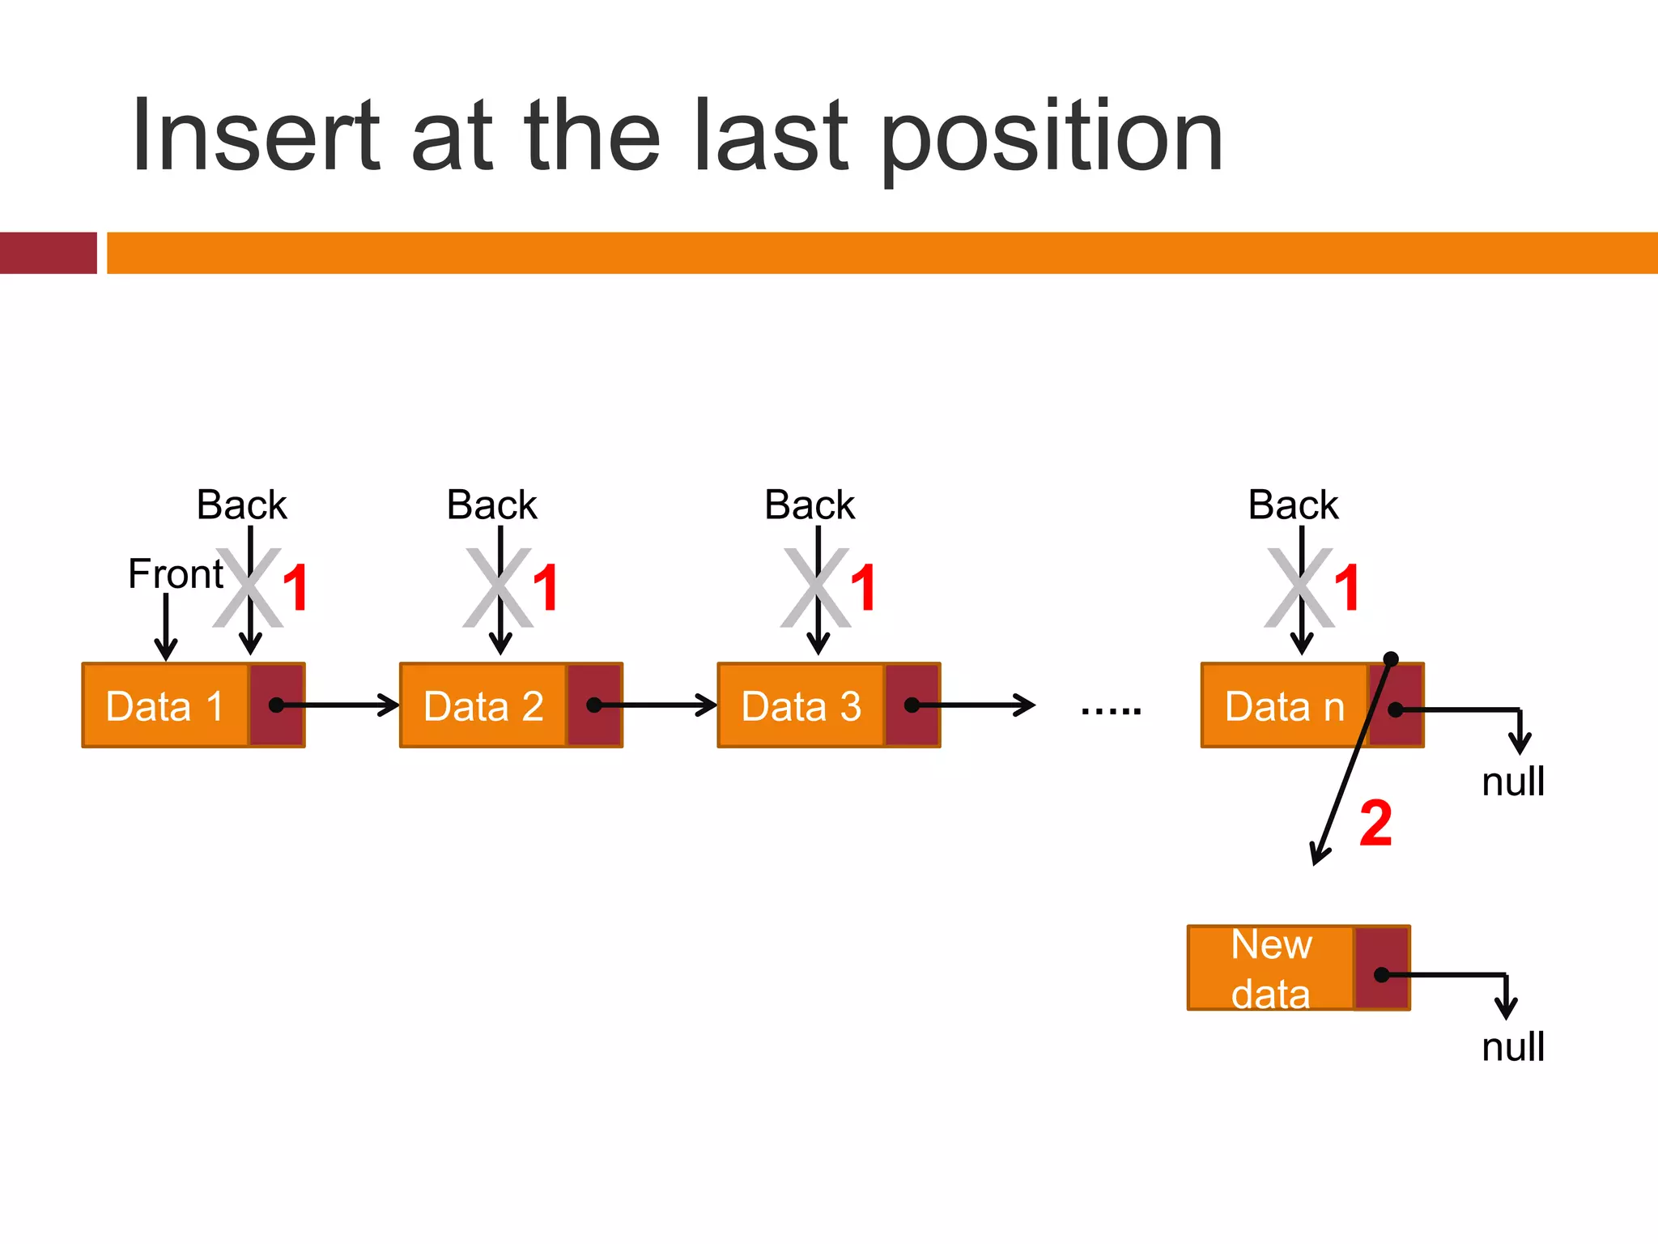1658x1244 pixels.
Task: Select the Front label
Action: pos(175,574)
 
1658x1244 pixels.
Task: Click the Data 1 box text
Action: pos(164,706)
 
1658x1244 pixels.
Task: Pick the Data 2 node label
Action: pos(483,706)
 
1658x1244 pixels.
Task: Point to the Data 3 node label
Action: pos(801,706)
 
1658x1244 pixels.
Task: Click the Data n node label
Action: pos(1284,706)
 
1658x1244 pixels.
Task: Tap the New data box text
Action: pos(1270,969)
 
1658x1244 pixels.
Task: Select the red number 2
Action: pos(1375,824)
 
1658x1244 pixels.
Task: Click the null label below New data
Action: pos(1512,1046)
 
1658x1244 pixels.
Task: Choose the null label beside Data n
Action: pos(1512,782)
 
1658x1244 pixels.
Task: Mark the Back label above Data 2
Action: pos(491,505)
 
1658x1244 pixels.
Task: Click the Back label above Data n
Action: pos(1293,505)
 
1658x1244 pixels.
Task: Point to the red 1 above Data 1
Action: pos(295,588)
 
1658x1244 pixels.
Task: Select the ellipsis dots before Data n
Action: pos(1111,712)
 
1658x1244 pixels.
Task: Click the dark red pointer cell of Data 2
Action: pos(595,705)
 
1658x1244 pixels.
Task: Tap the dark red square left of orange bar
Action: pos(48,253)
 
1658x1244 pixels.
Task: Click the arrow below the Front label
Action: pos(166,628)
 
